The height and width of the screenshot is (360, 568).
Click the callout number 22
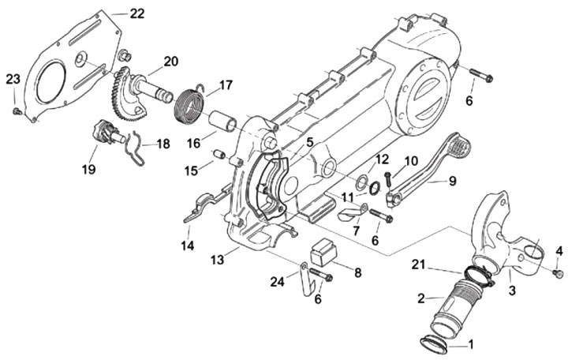tap(137, 13)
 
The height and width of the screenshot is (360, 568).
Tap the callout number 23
tap(13, 79)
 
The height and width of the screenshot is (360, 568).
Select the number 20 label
tap(170, 62)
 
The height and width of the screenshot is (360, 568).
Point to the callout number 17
tap(225, 85)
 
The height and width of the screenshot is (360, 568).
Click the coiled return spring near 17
tap(190, 107)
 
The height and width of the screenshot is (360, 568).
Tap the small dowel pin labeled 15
tap(219, 154)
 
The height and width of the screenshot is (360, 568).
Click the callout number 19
tap(88, 169)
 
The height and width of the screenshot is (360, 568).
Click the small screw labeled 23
tap(16, 111)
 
